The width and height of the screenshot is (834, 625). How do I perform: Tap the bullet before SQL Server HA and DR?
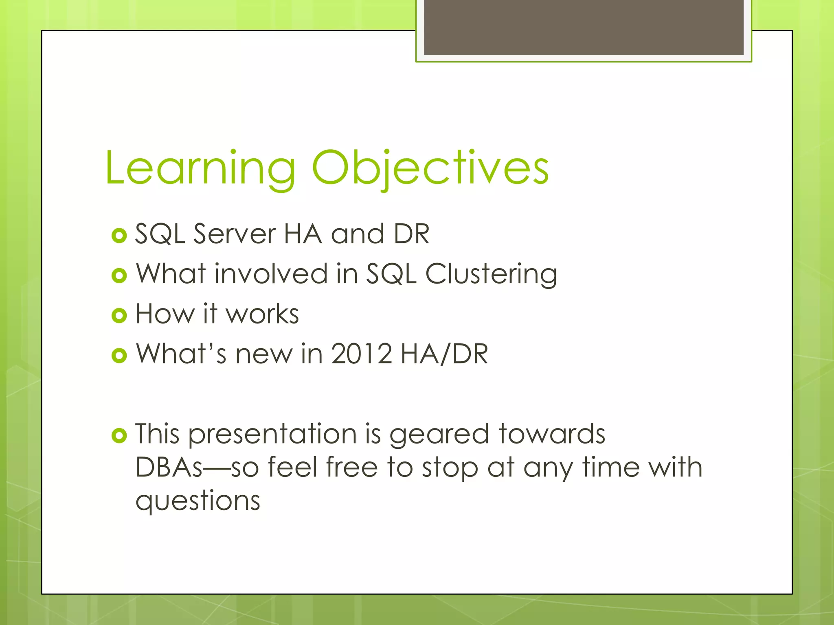tap(119, 236)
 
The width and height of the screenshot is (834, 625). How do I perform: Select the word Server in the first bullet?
tap(235, 234)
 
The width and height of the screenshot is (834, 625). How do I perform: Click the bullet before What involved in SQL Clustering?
tap(119, 275)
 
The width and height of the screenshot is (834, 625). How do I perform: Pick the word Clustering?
tap(491, 274)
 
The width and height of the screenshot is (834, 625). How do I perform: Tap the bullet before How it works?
tap(119, 315)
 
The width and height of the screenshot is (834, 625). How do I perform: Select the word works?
tap(262, 314)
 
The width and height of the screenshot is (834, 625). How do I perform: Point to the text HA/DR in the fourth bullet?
tap(444, 354)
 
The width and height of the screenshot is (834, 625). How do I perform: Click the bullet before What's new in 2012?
tap(119, 356)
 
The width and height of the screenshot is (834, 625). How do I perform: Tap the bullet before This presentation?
tap(119, 436)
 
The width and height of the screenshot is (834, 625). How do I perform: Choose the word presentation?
tap(272, 435)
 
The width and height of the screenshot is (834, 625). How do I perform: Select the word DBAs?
tap(169, 468)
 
